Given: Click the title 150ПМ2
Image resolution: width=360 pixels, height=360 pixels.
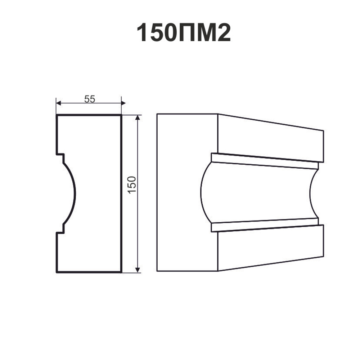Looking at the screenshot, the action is [x=184, y=32].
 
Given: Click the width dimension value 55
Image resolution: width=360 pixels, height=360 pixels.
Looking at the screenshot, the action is [x=90, y=99].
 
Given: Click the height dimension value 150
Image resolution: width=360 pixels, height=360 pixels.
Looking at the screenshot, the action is [x=132, y=185].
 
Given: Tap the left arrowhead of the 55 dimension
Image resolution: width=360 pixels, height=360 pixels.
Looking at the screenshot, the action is [x=59, y=103].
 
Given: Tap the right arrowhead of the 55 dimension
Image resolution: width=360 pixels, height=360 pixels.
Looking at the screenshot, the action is [x=123, y=103].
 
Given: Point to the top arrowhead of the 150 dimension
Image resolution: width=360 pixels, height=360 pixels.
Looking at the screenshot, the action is [x=138, y=117].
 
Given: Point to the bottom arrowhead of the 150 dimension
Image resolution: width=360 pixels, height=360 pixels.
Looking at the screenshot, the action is [x=138, y=270].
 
